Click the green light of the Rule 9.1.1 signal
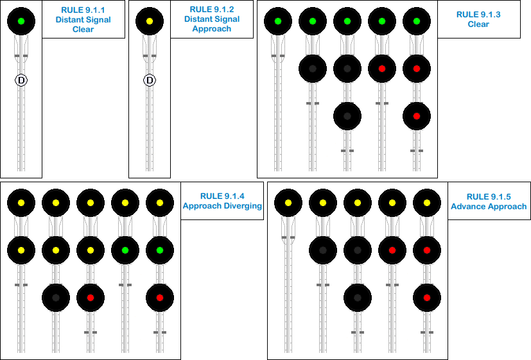[21, 21]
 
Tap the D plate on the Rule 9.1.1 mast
[21, 80]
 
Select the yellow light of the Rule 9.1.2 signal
[150, 21]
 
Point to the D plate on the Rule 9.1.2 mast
[150, 80]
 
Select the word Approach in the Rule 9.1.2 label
[212, 29]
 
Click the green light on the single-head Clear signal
[278, 21]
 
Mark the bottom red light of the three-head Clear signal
[416, 116]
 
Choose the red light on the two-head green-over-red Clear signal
[382, 69]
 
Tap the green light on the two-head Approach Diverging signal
[125, 250]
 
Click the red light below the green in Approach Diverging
[160, 297]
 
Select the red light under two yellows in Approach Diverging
[91, 297]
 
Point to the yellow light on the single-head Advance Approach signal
[288, 203]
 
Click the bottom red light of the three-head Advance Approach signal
[426, 297]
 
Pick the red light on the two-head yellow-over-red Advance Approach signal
[392, 250]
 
